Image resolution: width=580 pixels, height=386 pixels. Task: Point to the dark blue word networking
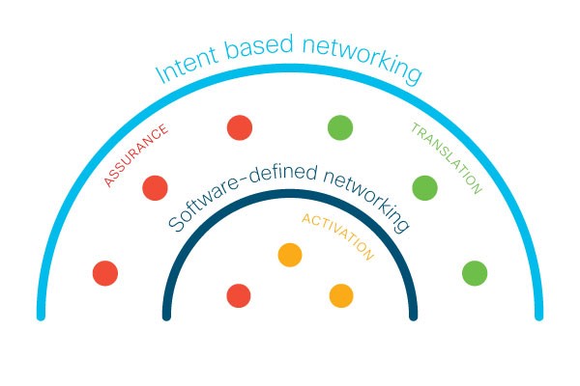(x=367, y=200)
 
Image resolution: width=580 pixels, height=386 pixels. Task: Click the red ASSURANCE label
(x=135, y=155)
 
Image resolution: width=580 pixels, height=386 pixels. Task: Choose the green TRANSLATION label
(x=447, y=158)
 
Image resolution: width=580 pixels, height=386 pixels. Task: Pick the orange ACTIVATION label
(x=337, y=236)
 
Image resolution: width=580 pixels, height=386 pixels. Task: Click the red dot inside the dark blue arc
(x=239, y=295)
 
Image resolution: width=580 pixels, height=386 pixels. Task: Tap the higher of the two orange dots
(x=290, y=255)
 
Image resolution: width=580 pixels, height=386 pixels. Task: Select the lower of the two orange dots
(x=341, y=295)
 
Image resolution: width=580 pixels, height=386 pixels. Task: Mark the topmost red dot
(x=240, y=127)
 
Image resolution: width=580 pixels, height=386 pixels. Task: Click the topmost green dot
(x=340, y=127)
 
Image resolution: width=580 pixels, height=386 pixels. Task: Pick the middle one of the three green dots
(x=425, y=188)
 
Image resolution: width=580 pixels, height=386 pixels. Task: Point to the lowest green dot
(x=475, y=273)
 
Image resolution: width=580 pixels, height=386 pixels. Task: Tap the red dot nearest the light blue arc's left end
(x=105, y=273)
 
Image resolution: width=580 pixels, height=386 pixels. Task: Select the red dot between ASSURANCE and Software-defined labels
(x=155, y=188)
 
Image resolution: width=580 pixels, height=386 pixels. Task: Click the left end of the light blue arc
(x=41, y=317)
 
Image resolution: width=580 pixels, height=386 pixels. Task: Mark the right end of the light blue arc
(x=539, y=317)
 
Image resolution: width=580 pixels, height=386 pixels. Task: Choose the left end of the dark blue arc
(x=166, y=317)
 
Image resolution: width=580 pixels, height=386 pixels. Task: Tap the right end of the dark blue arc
(x=414, y=317)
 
